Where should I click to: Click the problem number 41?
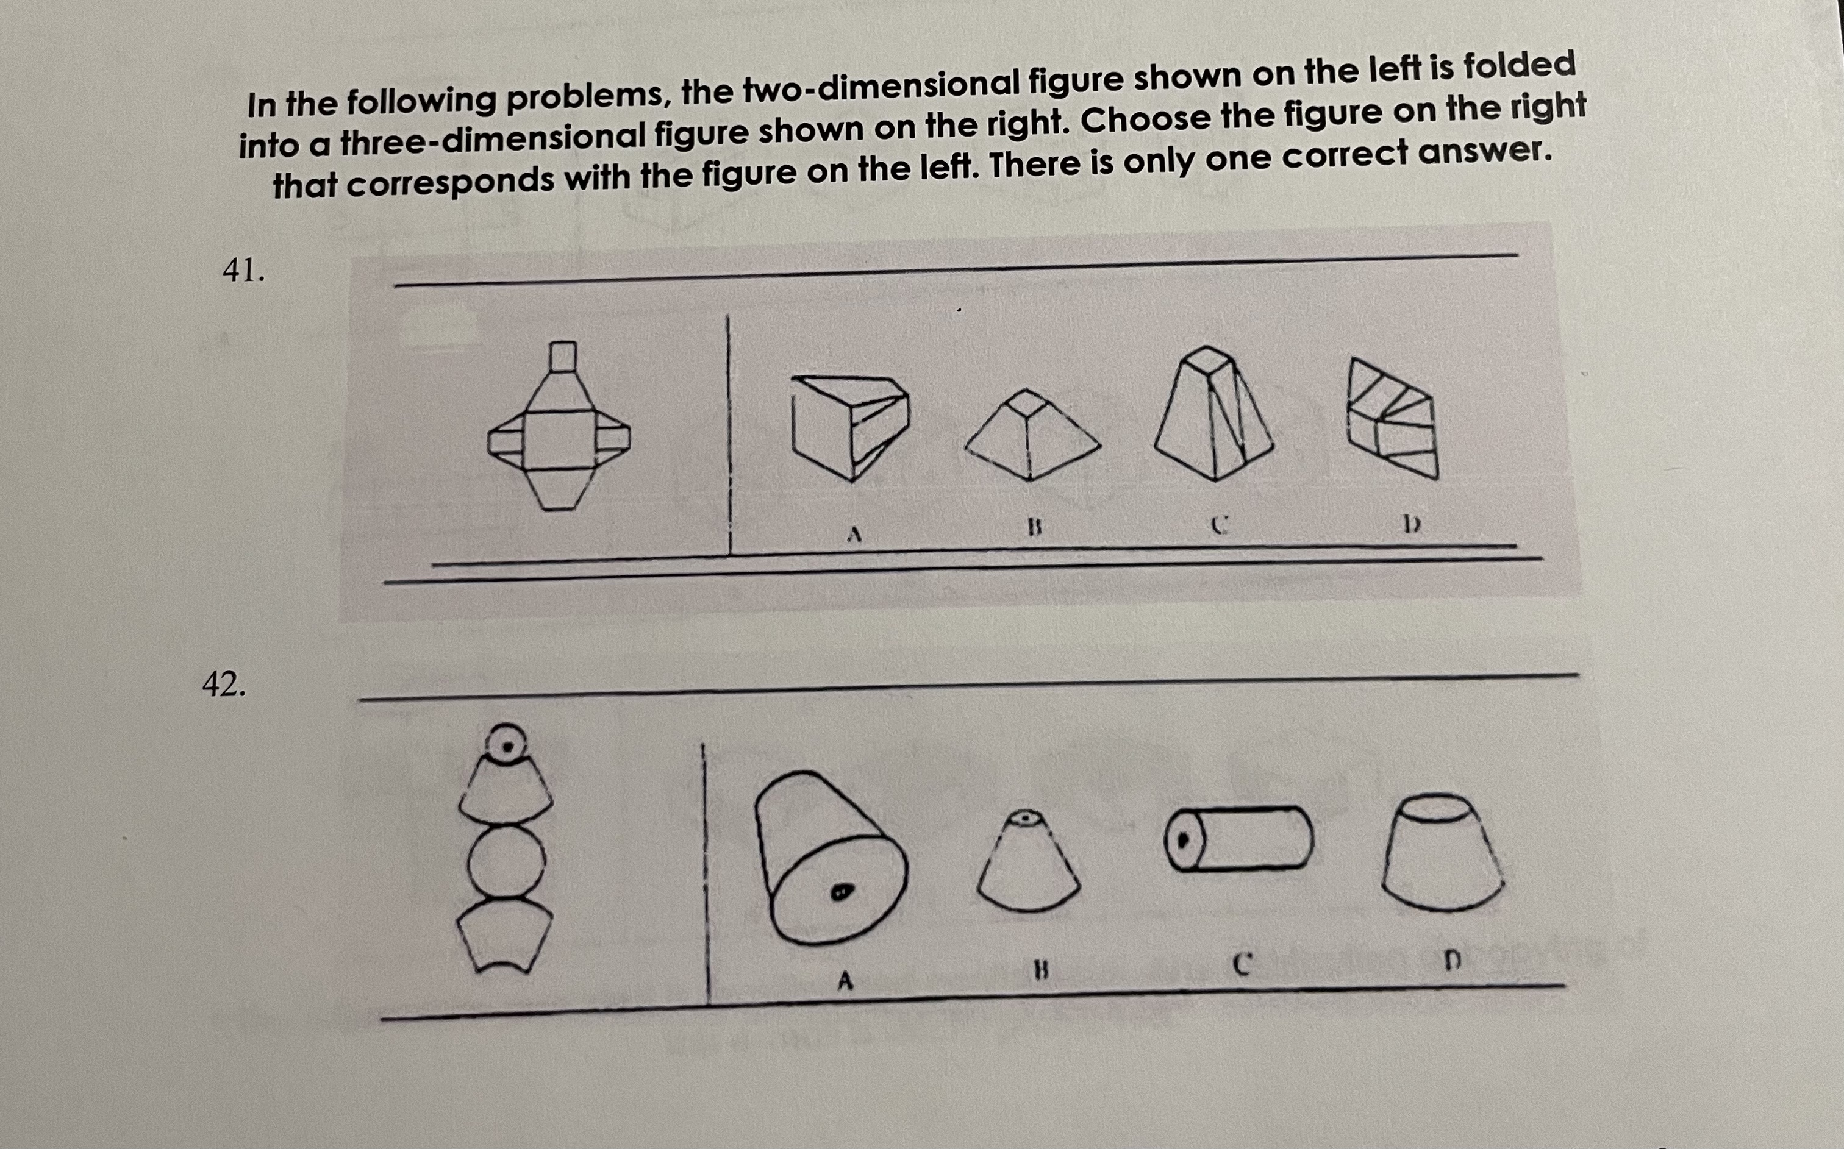[x=243, y=271]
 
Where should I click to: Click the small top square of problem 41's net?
[x=562, y=357]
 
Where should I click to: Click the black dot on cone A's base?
[x=840, y=892]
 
